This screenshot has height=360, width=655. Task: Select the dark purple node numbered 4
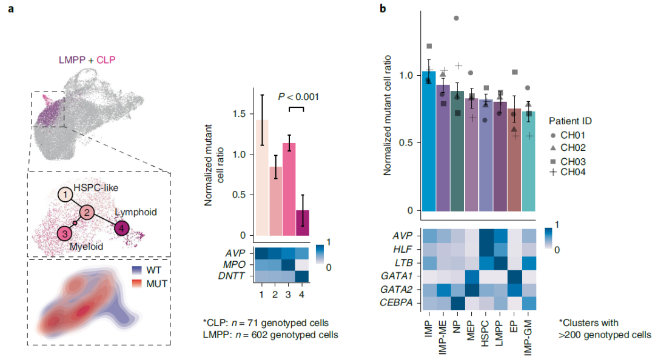(122, 228)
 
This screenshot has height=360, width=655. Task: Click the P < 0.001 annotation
(298, 96)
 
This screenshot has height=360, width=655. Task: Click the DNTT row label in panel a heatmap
(236, 277)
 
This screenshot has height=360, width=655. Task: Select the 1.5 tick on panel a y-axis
(240, 114)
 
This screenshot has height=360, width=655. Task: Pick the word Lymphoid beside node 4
(137, 212)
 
